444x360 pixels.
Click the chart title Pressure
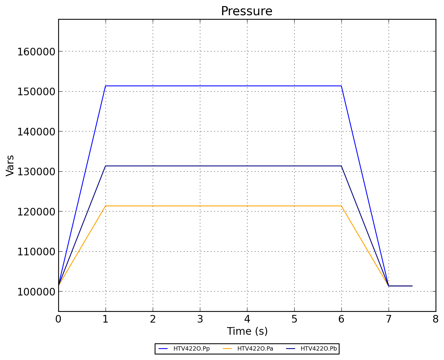(x=246, y=11)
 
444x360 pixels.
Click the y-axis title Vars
(x=10, y=166)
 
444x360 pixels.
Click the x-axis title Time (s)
(x=247, y=331)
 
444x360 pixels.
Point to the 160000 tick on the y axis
(x=36, y=51)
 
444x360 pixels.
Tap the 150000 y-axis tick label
(x=36, y=92)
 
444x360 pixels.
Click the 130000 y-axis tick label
(x=36, y=172)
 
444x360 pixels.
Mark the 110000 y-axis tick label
(x=36, y=252)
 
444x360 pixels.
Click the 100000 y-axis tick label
(x=36, y=292)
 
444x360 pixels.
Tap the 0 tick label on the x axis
(x=58, y=319)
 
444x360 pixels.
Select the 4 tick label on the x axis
(x=247, y=319)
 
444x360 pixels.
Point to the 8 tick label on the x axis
(x=436, y=319)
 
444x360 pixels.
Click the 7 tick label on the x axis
(x=389, y=319)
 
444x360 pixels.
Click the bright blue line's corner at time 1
(x=106, y=86)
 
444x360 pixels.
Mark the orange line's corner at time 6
(x=341, y=206)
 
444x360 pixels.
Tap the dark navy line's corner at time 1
(x=106, y=166)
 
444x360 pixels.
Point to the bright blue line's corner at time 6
(x=341, y=86)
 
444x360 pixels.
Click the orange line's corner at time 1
(x=106, y=206)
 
